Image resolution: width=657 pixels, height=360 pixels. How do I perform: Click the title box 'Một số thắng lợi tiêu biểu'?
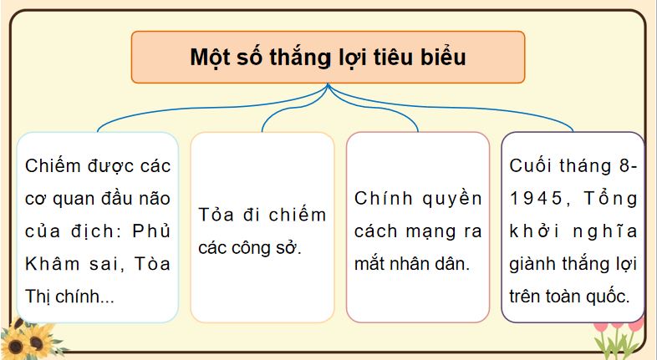pos(328,57)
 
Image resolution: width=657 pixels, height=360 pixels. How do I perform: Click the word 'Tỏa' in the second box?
pos(216,215)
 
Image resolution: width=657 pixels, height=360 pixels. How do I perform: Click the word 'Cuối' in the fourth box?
pos(528,165)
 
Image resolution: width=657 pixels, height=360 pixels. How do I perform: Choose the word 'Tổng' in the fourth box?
pos(611,199)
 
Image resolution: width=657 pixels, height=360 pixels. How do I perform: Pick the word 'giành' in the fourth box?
pos(532,264)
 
